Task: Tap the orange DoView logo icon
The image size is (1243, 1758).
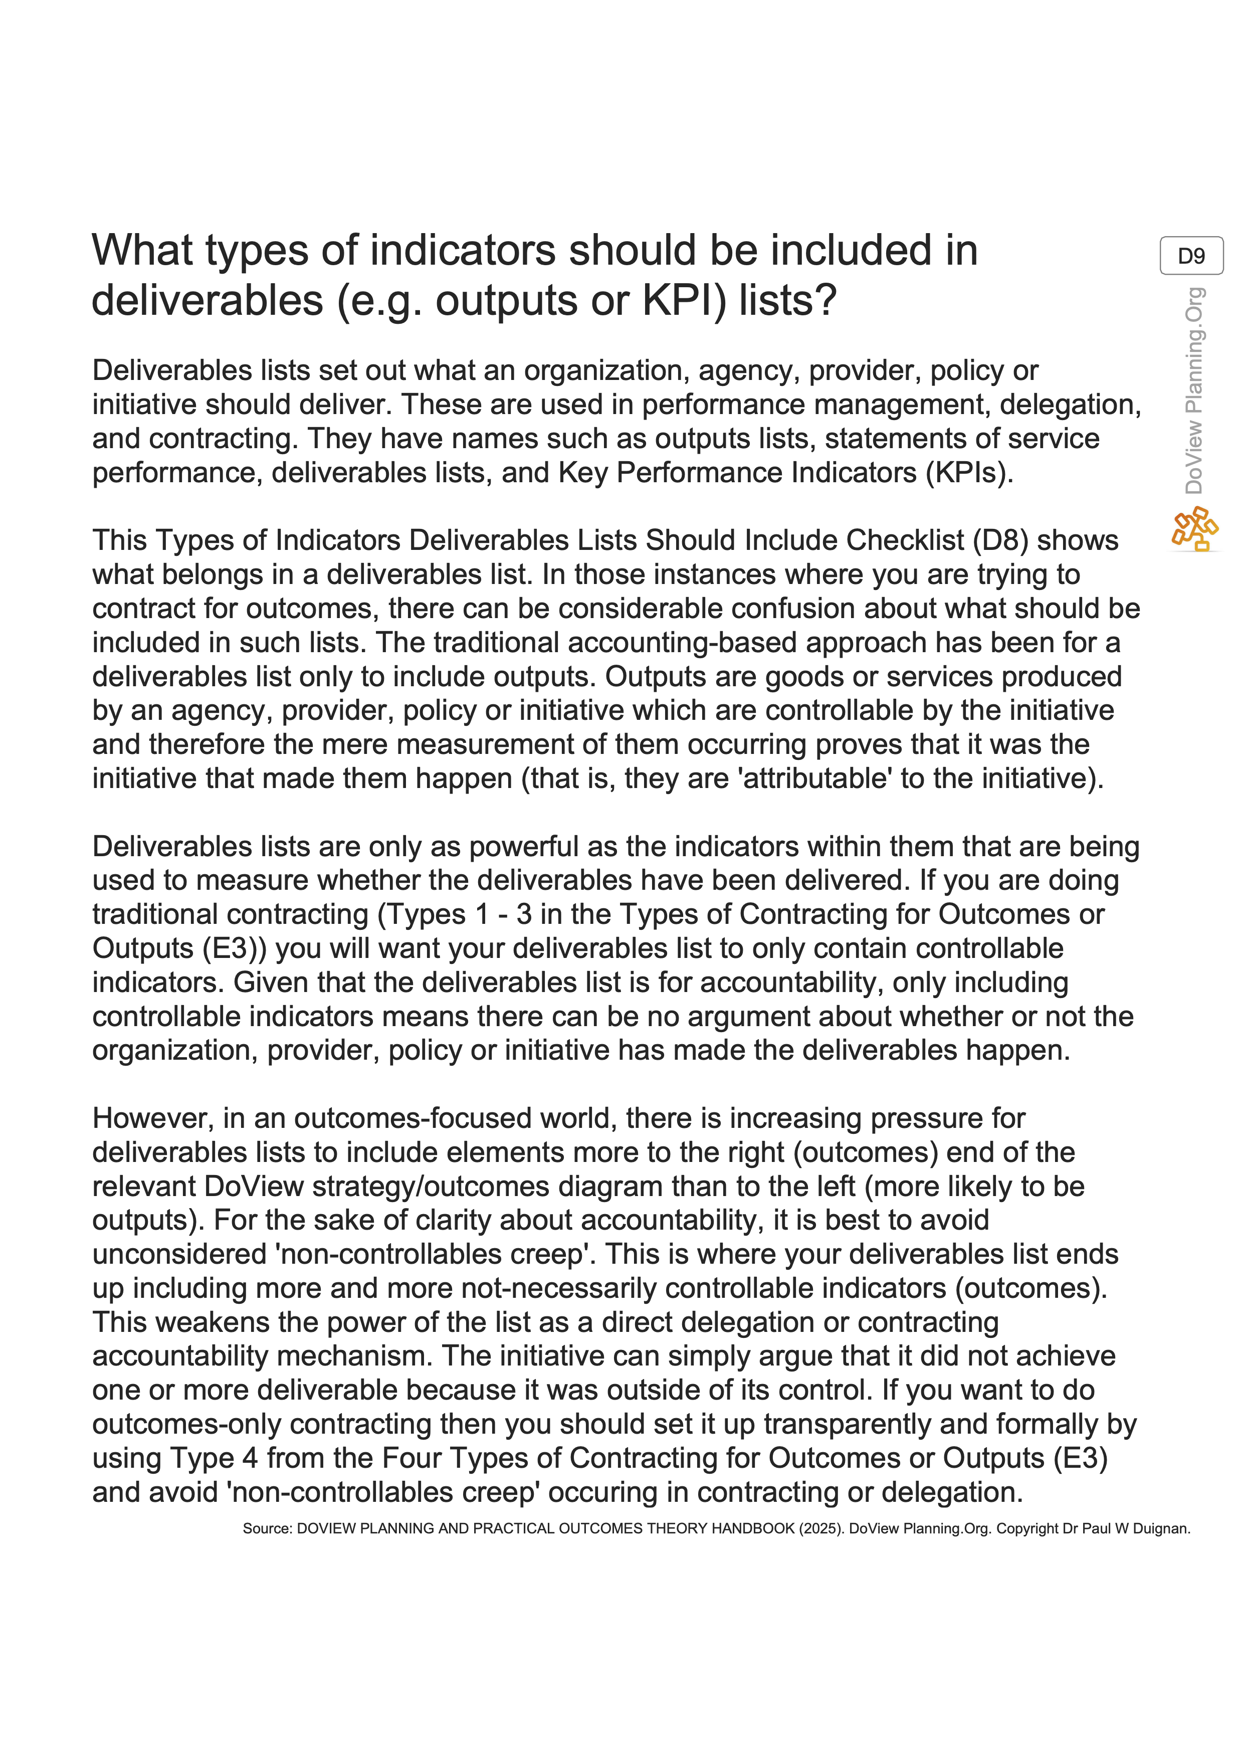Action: (x=1193, y=528)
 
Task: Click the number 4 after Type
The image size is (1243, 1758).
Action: (x=250, y=1459)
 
